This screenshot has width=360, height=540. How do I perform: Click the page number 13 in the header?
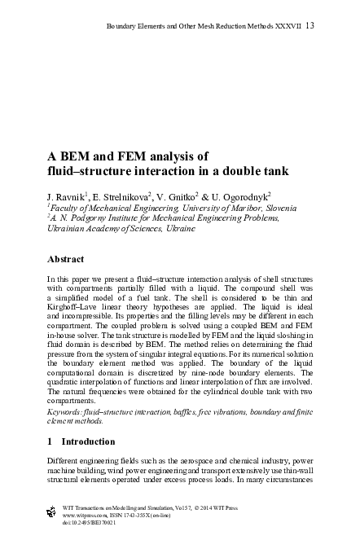[310, 26]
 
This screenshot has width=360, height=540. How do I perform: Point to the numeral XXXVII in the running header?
[283, 27]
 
